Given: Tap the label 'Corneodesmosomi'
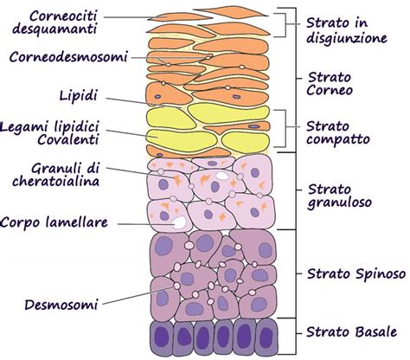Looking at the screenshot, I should pyautogui.click(x=70, y=57).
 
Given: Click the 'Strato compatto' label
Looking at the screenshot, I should pyautogui.click(x=337, y=131).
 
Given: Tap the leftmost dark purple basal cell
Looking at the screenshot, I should pyautogui.click(x=160, y=337).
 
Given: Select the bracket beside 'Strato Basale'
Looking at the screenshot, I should pyautogui.click(x=286, y=333).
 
